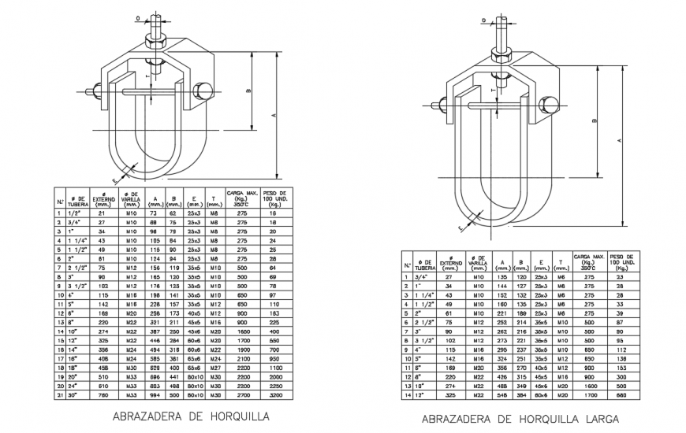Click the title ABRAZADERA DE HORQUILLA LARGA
click(x=520, y=419)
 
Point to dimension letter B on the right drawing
click(x=591, y=122)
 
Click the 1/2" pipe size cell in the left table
click(x=75, y=213)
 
